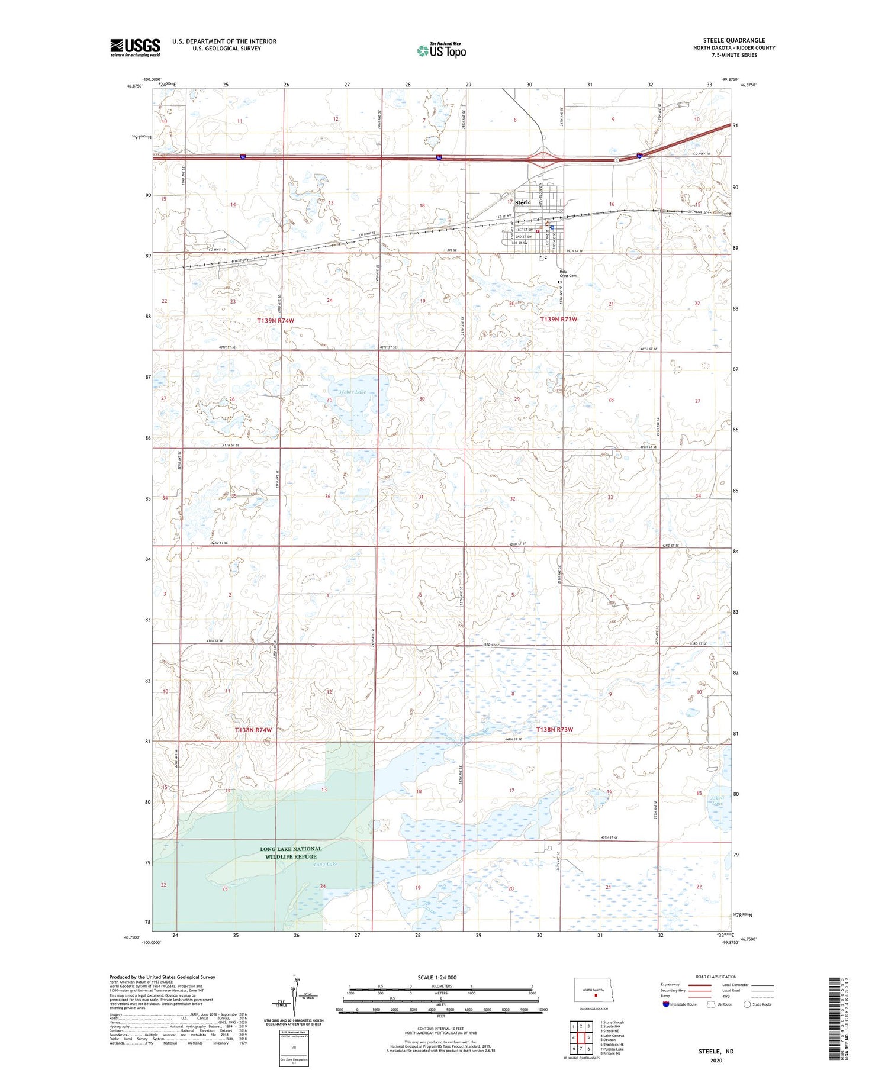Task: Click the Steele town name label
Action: [x=523, y=202]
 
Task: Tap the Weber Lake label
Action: [x=353, y=392]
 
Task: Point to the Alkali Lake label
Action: [x=717, y=801]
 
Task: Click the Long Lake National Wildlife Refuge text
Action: [x=291, y=852]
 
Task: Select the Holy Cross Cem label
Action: [x=568, y=274]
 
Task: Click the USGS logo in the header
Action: [x=135, y=47]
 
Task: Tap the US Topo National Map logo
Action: [x=441, y=50]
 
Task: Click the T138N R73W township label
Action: [x=555, y=730]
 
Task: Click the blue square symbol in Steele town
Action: [x=552, y=227]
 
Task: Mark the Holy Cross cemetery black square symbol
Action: [x=559, y=283]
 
